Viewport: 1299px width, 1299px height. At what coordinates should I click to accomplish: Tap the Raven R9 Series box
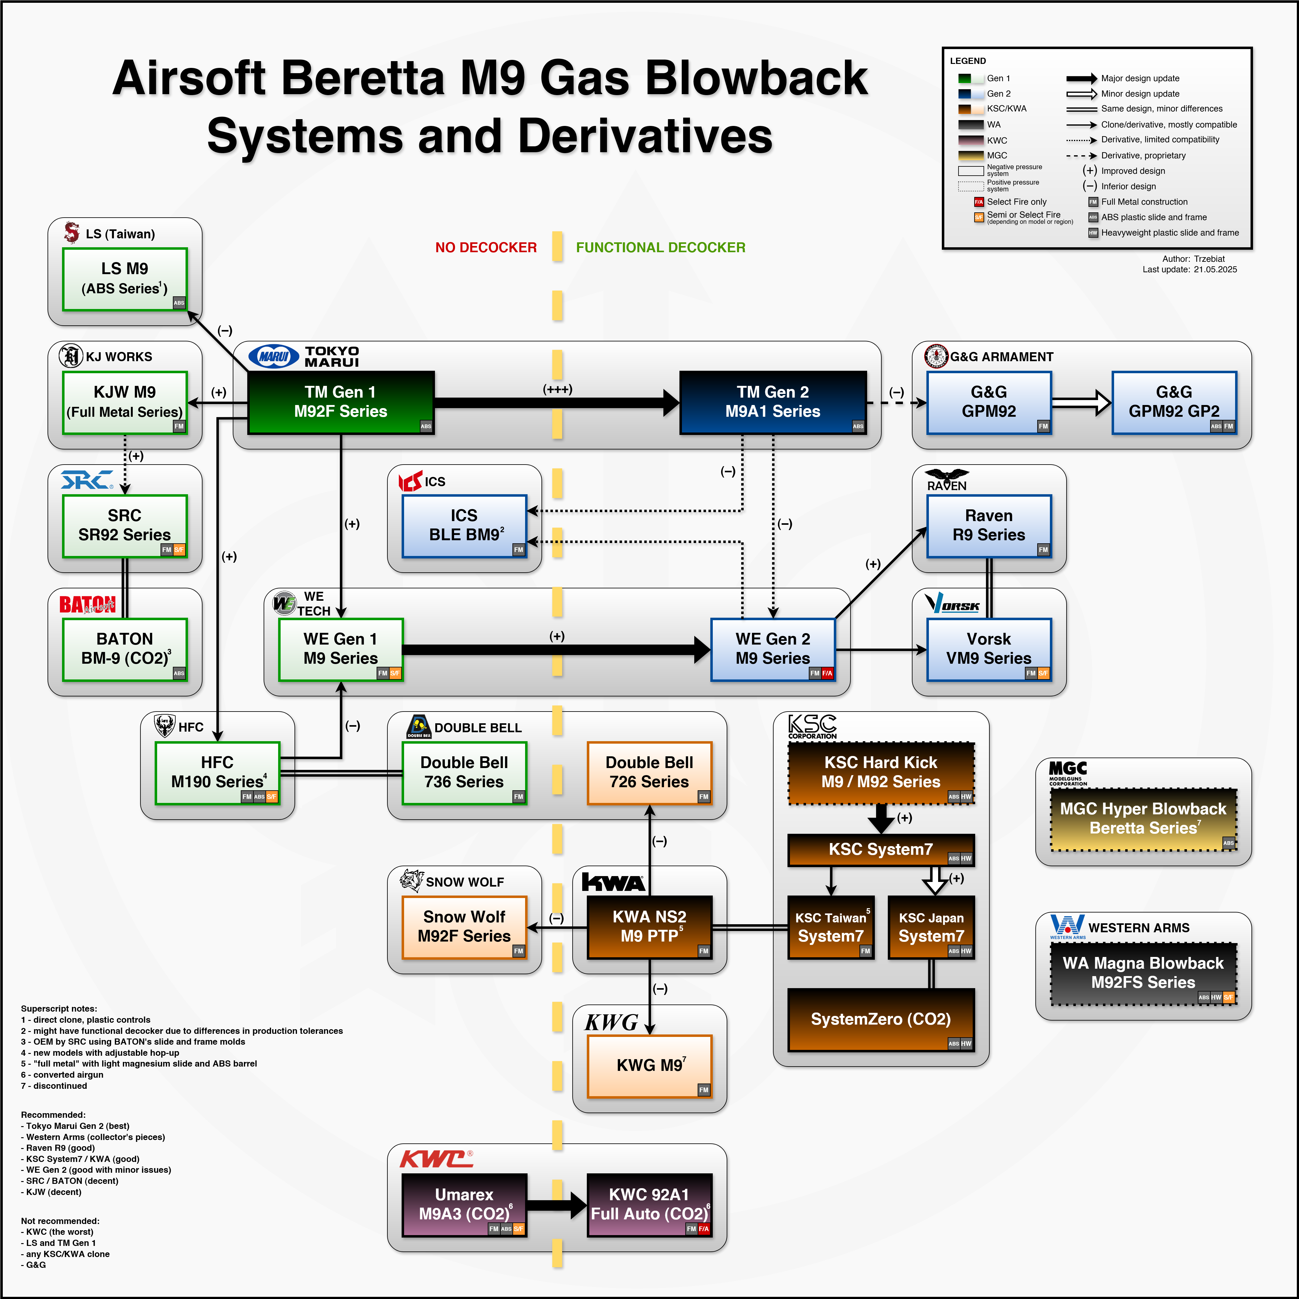click(x=988, y=526)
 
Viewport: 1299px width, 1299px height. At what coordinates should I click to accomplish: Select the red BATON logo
click(x=87, y=604)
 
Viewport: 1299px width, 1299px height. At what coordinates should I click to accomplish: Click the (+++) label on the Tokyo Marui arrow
click(x=558, y=389)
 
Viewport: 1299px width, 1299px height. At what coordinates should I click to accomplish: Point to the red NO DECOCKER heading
click(x=486, y=248)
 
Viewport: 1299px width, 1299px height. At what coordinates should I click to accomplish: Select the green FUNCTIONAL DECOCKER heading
click(x=660, y=248)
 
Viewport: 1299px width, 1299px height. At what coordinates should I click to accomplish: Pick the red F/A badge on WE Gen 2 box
click(x=827, y=673)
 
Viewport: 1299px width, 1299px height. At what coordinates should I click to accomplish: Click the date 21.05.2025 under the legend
click(x=1215, y=269)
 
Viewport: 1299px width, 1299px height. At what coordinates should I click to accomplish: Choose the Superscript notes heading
click(x=58, y=1009)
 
